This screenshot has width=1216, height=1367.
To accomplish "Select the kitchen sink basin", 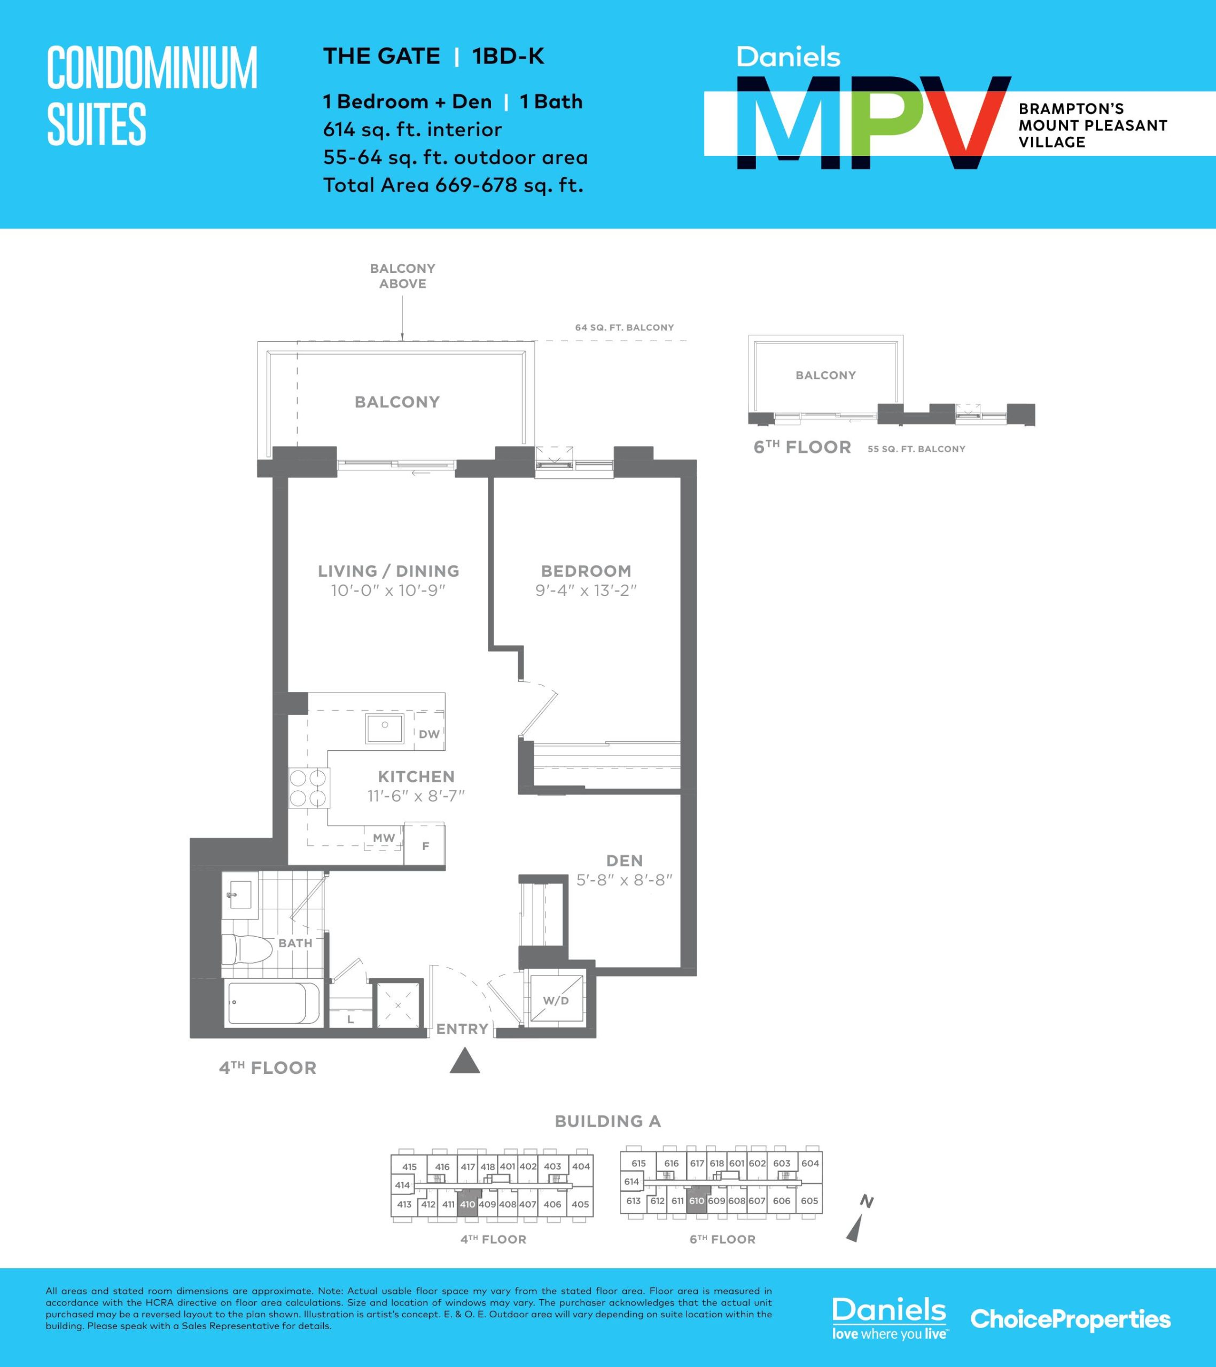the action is coord(385,728).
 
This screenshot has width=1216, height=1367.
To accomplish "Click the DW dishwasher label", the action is coord(429,734).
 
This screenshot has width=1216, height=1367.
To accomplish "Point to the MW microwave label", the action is coord(384,837).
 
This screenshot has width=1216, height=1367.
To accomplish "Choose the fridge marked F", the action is coord(425,845).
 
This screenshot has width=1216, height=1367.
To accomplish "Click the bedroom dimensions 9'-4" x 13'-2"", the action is coord(586,591).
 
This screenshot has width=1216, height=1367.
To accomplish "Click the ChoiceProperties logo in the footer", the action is coord(1071,1319).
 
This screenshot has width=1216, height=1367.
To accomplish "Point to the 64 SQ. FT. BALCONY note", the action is coord(625,328).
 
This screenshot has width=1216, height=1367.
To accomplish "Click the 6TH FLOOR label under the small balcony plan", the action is coord(802,447).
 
